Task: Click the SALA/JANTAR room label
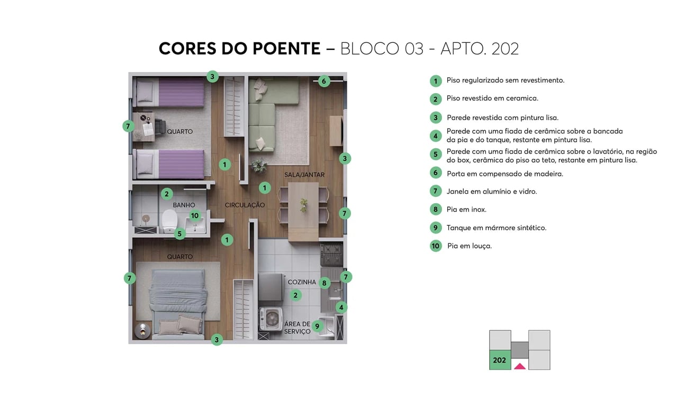[304, 175]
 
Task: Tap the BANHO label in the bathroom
[184, 205]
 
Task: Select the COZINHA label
[302, 282]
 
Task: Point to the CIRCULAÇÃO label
[245, 205]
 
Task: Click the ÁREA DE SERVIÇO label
[297, 328]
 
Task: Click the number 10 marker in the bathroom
[195, 215]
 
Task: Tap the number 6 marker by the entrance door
[324, 81]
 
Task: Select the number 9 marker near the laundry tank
[317, 326]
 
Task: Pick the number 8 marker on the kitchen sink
[324, 283]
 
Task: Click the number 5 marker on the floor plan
[180, 233]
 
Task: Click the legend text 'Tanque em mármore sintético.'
[496, 228]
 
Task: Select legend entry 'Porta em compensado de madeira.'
[504, 174]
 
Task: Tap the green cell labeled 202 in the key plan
[500, 360]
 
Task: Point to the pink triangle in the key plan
[520, 366]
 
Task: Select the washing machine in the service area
[270, 319]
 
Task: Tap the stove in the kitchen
[331, 255]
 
